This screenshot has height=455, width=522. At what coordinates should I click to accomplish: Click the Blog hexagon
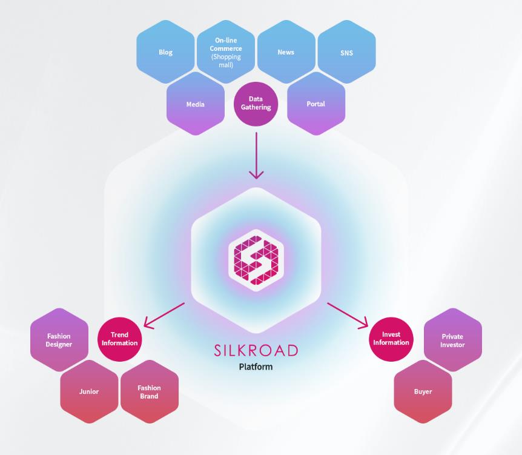(x=165, y=52)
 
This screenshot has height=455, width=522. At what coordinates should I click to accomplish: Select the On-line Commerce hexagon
(x=226, y=52)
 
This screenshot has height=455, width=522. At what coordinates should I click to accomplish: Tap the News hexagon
(x=286, y=52)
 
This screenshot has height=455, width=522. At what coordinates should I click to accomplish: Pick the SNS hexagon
(x=346, y=52)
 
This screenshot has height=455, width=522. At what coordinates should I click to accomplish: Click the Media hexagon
(x=196, y=104)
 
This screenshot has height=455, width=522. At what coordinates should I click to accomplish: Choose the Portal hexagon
(x=316, y=104)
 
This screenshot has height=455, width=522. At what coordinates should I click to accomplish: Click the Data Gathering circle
(x=256, y=104)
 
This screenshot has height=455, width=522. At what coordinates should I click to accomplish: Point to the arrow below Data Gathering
(x=256, y=156)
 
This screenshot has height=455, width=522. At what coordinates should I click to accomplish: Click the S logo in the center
(x=256, y=260)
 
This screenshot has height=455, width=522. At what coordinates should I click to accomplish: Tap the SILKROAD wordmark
(x=256, y=350)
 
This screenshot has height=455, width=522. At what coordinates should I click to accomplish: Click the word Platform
(x=256, y=367)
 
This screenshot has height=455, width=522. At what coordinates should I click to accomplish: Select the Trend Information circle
(x=119, y=339)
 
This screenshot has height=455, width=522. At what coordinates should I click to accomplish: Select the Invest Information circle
(x=391, y=339)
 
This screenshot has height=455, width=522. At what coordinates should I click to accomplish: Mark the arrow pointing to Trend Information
(x=164, y=316)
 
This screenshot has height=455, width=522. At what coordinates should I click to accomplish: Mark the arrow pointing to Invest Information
(x=348, y=316)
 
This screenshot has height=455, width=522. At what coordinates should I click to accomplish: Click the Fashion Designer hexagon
(x=59, y=340)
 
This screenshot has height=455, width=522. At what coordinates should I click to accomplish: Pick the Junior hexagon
(x=89, y=392)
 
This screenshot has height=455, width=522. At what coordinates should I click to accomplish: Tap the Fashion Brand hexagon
(x=150, y=392)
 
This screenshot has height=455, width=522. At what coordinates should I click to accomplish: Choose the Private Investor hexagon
(x=453, y=340)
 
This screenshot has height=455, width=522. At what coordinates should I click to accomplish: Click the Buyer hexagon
(x=423, y=392)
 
